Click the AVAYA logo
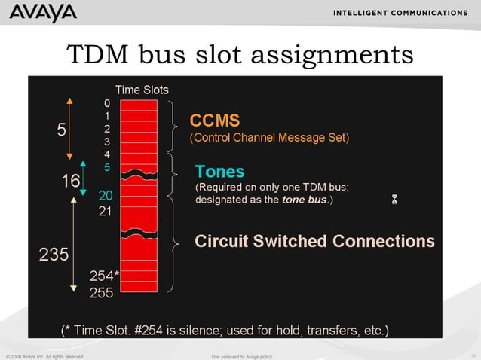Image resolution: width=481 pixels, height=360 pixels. tap(43, 14)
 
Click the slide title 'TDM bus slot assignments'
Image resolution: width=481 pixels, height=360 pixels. tap(240, 54)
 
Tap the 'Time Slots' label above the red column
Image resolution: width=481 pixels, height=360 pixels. tap(142, 89)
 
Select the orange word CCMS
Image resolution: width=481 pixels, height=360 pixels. tap(214, 121)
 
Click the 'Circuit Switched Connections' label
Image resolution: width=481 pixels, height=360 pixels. tap(314, 242)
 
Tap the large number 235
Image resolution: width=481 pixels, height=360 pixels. tap(54, 255)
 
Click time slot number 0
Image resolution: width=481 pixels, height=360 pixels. tap(107, 102)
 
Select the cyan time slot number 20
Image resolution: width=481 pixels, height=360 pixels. tap(106, 196)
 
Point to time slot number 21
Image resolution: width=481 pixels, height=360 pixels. tap(106, 212)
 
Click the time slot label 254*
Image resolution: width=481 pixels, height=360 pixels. tap(105, 276)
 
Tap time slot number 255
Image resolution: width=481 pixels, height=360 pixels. tap(102, 294)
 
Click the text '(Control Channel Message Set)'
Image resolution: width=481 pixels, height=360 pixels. tap(269, 139)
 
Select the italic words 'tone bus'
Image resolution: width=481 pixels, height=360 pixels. tap(303, 200)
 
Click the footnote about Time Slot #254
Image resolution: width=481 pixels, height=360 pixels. tap(225, 329)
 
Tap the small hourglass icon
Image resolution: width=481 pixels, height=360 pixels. tap(394, 199)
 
